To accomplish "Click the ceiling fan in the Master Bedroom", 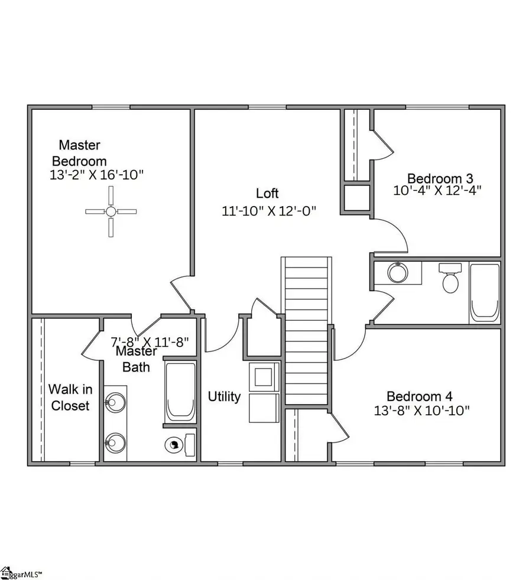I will (111, 211).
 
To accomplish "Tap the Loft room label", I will (267, 193).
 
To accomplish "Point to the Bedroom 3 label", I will (440, 178).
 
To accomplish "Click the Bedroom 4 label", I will (422, 396).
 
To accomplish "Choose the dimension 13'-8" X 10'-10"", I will (422, 411).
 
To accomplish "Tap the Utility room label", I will (224, 396).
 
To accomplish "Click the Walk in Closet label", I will (70, 397).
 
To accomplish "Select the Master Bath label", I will (136, 359).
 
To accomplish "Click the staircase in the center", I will (306, 331).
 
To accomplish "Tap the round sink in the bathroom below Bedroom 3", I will (397, 272).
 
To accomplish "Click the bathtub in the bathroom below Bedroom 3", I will (485, 292).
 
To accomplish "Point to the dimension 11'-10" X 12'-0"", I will (269, 211).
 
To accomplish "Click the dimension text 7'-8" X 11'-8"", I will (153, 341).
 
